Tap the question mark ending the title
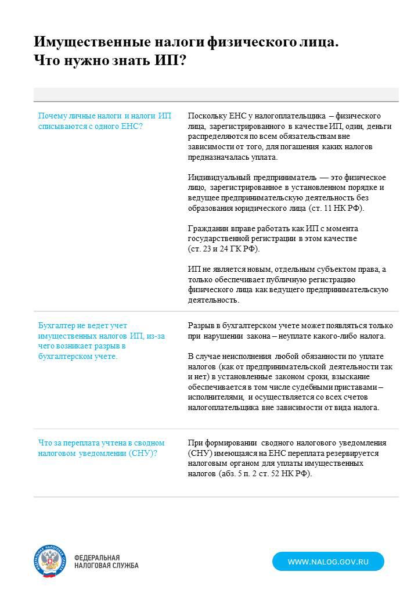point(182,60)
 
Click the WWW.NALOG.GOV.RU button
point(328,562)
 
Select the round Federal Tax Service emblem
point(50,561)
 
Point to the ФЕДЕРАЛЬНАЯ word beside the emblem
point(97,557)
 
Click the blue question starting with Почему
point(105,121)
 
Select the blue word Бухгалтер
point(57,325)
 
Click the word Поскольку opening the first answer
point(205,116)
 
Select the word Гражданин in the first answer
point(207,228)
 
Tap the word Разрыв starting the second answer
point(200,325)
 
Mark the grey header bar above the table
point(216,95)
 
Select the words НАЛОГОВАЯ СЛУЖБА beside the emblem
point(106,566)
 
